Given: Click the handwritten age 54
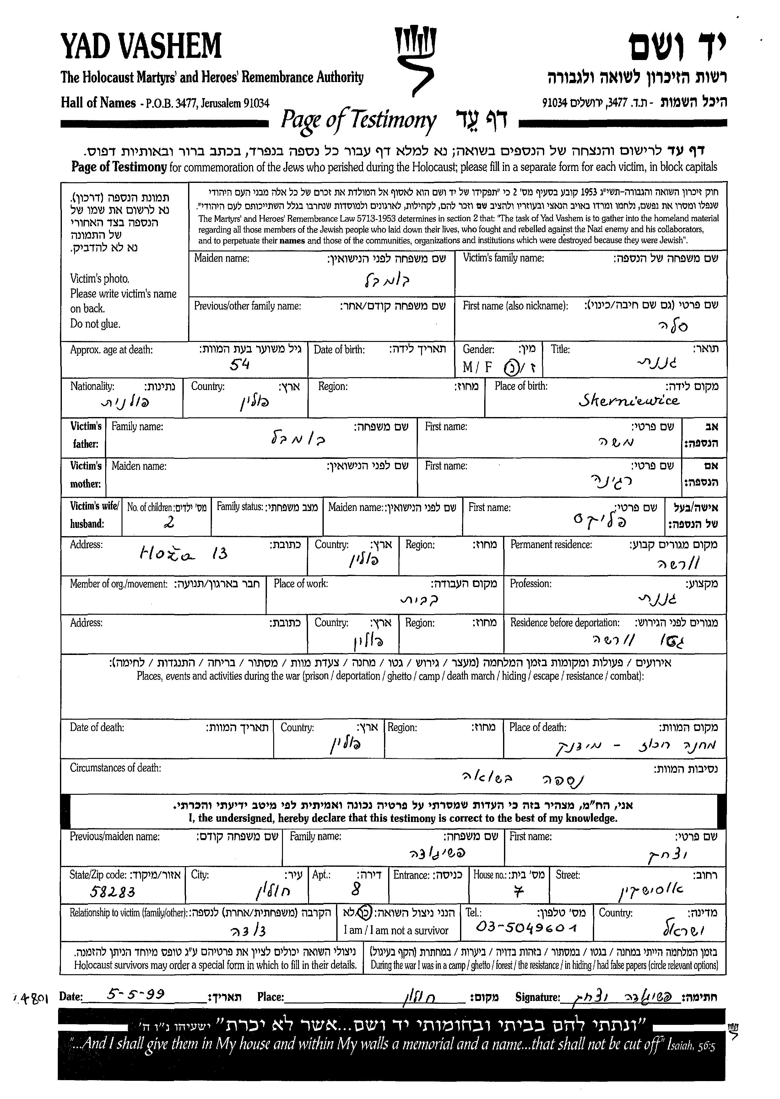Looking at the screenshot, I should (x=240, y=365).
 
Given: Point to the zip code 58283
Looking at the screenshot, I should (x=112, y=892).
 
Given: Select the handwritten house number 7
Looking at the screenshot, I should (x=518, y=892).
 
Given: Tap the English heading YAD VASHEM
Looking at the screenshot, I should (x=141, y=46).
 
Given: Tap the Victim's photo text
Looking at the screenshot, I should (x=100, y=279).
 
